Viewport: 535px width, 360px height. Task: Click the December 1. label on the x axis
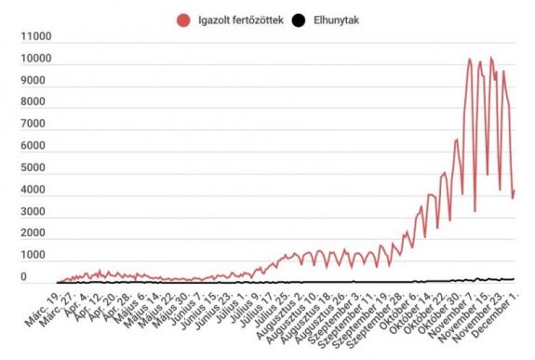click(493, 311)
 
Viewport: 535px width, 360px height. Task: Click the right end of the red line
click(515, 191)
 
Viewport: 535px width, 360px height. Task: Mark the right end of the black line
click(515, 279)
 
